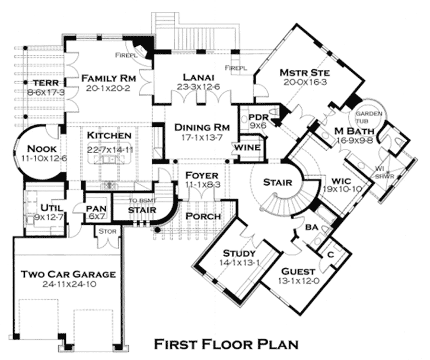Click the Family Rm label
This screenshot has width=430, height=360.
pos(109,78)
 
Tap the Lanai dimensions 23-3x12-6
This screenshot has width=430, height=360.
pos(199,87)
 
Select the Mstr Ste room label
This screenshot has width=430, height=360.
pos(305,73)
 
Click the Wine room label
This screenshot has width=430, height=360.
pos(247,148)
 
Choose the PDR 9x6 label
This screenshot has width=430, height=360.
pos(258,121)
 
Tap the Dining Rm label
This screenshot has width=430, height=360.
pos(202,128)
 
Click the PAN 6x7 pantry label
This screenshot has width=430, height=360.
pos(97,212)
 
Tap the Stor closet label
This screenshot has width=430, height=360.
pos(107,231)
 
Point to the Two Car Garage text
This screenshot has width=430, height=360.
pos(68,274)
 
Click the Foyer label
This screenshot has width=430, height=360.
pos(202,176)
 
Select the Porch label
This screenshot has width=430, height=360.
pos(203,216)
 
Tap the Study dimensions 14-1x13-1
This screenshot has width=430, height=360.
pos(240,263)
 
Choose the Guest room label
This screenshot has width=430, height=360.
pos(298,272)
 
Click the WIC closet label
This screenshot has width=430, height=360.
pos(341,181)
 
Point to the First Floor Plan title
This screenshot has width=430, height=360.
pos(226,345)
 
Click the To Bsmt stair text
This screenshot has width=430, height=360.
pos(142,200)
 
